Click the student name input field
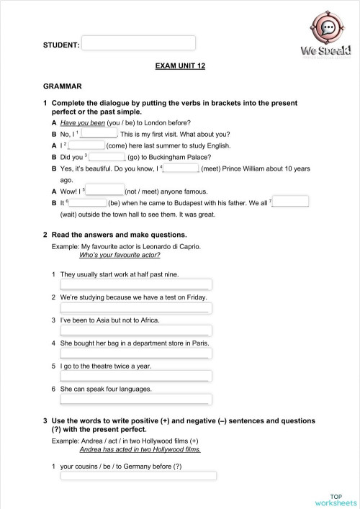click(x=138, y=43)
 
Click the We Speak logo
click(x=328, y=39)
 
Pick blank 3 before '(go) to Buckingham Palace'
click(x=108, y=156)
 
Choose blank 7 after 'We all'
click(x=291, y=202)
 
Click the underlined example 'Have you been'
click(x=83, y=123)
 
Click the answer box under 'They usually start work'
click(x=136, y=284)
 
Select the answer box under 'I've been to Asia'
click(x=136, y=330)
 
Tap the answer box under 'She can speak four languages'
click(x=136, y=399)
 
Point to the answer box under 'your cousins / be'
click(x=138, y=475)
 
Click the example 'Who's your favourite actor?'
click(x=120, y=255)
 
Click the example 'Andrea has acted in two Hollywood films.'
click(x=140, y=449)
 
